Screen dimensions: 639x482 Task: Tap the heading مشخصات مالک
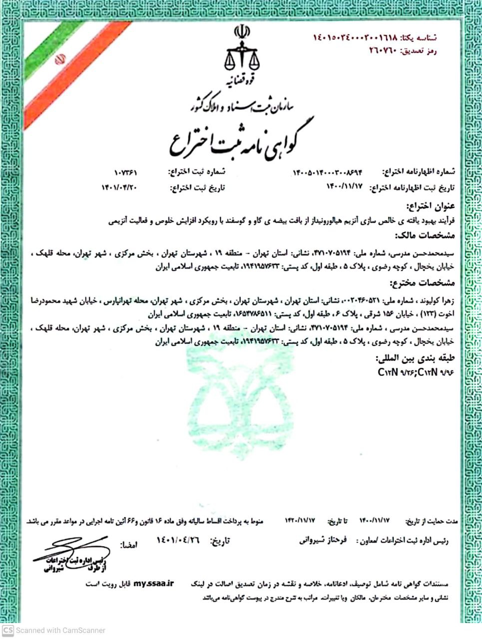coord(425,235)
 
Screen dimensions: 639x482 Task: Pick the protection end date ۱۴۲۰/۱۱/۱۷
coord(300,520)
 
